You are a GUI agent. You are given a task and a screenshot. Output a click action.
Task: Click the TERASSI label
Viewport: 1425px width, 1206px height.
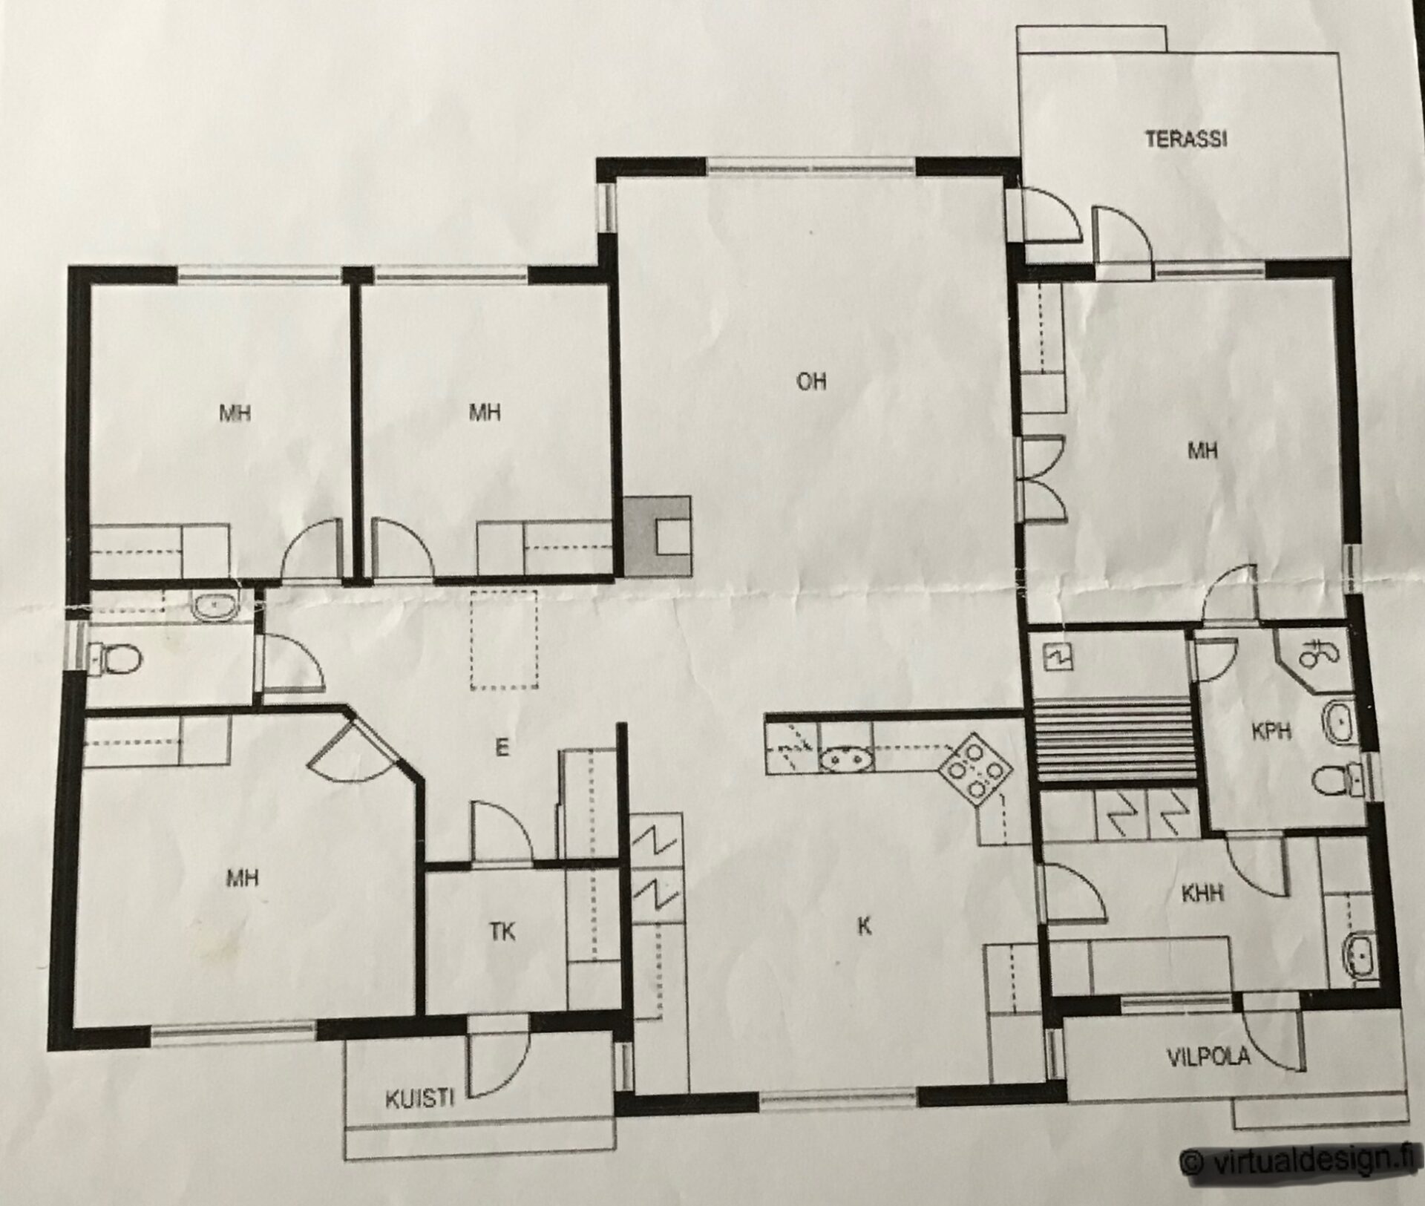click(x=1185, y=139)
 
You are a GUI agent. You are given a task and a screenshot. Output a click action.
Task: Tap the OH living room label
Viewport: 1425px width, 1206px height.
click(x=811, y=381)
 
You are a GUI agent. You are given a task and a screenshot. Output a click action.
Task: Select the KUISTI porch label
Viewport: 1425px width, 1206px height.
click(x=419, y=1100)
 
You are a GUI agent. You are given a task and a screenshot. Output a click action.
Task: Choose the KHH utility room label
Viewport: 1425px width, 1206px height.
click(x=1202, y=894)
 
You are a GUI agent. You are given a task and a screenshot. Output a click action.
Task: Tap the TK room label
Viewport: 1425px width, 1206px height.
click(x=503, y=931)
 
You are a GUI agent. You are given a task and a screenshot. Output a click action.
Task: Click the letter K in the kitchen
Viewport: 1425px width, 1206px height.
click(x=863, y=926)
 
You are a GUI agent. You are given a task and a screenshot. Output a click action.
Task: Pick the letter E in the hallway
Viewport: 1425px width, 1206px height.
click(x=502, y=748)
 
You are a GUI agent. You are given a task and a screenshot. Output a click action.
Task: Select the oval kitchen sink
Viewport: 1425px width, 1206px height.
click(x=846, y=761)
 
